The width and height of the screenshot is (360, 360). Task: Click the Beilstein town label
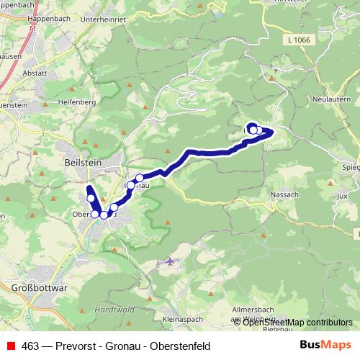click(81, 163)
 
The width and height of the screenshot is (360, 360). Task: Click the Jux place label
click(341, 194)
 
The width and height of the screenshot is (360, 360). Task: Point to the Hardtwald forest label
click(109, 309)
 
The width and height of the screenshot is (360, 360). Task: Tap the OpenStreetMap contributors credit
click(296, 322)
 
